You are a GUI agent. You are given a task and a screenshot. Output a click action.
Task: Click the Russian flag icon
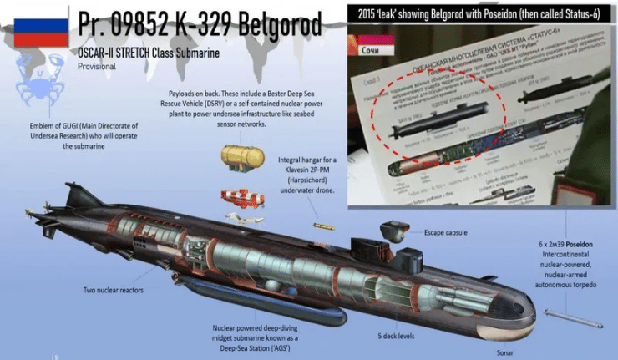pos(34,30)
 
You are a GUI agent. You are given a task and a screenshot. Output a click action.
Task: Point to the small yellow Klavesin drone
pos(322,226)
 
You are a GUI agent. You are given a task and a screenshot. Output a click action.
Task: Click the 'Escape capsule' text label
pos(445,232)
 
